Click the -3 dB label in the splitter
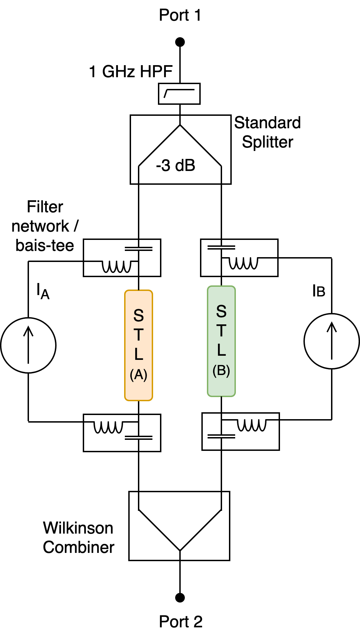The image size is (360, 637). point(176,166)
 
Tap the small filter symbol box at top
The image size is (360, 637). point(179,93)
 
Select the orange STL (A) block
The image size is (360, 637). point(139,345)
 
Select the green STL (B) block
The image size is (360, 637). point(221,341)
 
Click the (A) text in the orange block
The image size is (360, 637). point(139,375)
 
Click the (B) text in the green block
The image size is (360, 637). point(221,371)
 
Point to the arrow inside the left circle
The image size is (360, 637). point(28,345)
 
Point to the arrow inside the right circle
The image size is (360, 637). point(332,341)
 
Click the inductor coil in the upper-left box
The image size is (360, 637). point(117,266)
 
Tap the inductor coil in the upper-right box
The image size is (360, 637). point(243,263)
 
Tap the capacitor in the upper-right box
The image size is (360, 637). point(221,247)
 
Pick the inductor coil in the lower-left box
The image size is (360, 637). point(108,427)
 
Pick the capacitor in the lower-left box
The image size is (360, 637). point(139,438)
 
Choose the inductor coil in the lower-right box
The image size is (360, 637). point(252,425)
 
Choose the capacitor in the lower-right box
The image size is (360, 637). point(221,436)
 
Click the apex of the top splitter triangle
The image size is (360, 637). point(180,125)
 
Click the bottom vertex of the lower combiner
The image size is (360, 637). point(180,550)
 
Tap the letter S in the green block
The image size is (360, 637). point(221,312)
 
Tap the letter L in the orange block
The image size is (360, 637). point(139,354)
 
